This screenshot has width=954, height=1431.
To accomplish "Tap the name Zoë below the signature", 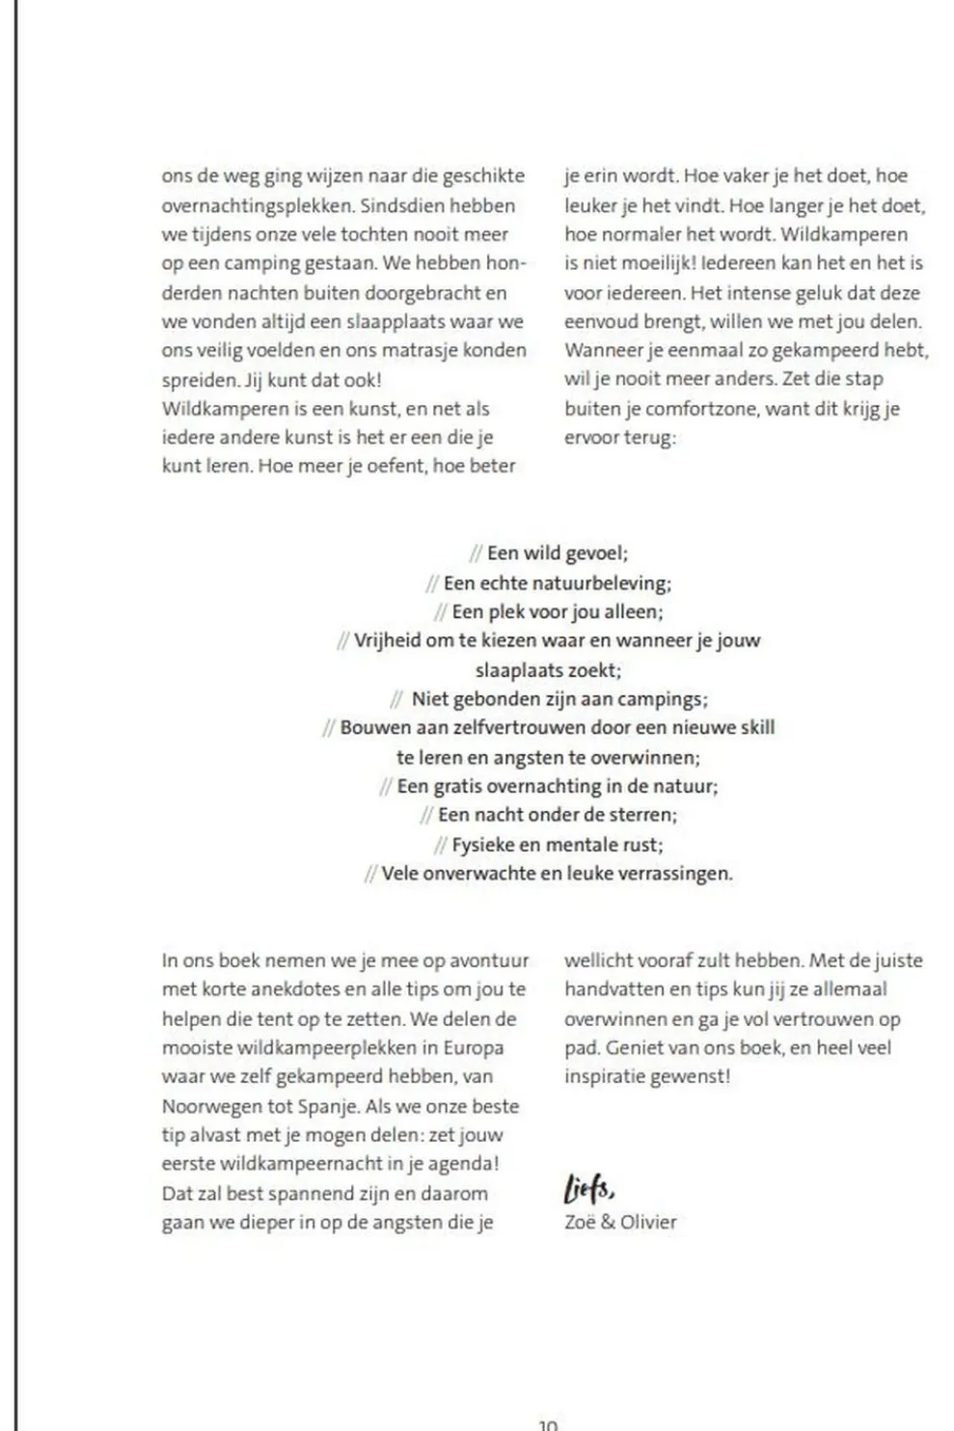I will pos(581,1222).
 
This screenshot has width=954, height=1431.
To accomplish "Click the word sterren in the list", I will pos(643,815).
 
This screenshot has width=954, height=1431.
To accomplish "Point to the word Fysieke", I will pos(483,845).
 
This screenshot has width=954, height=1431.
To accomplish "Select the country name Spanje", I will pos(328,1106).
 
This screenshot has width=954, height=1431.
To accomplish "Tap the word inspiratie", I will pos(604,1077).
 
